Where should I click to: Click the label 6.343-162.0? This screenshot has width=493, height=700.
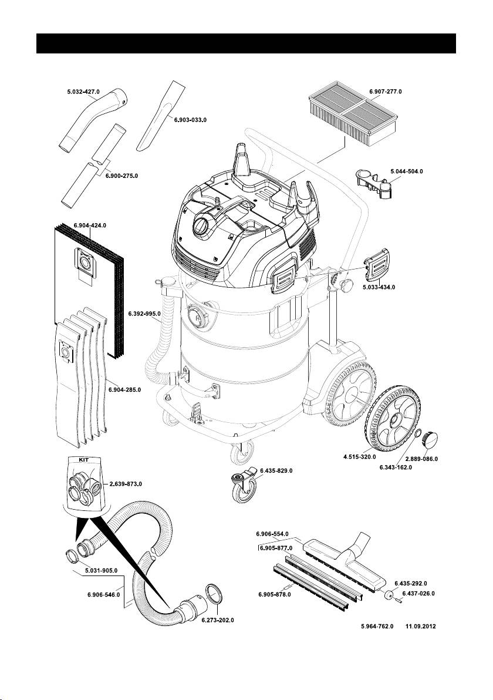396,467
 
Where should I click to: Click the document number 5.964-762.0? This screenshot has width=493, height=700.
377,627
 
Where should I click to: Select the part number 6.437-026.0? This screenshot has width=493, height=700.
418,594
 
